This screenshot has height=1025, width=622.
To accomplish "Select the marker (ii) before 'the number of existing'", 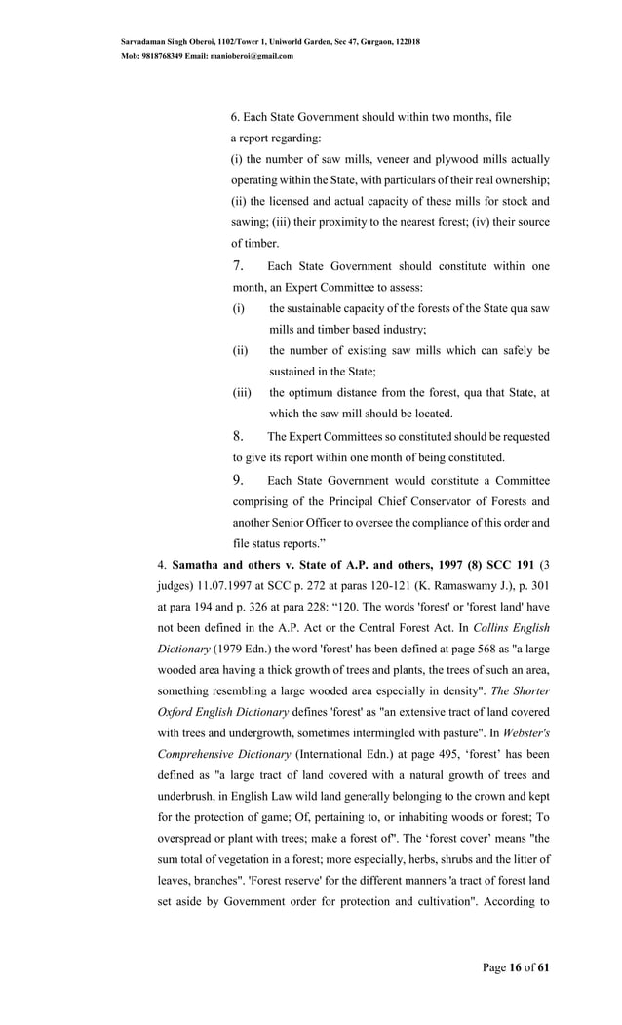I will pos(240,351).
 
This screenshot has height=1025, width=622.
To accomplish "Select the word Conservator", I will pos(458,501).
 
